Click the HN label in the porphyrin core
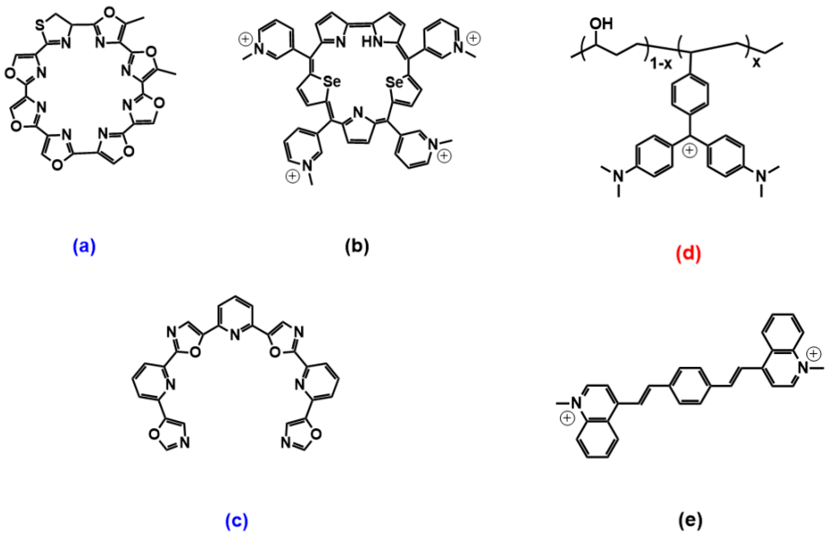371,43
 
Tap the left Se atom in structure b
331,82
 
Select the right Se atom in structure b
395,82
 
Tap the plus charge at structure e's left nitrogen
567,419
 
